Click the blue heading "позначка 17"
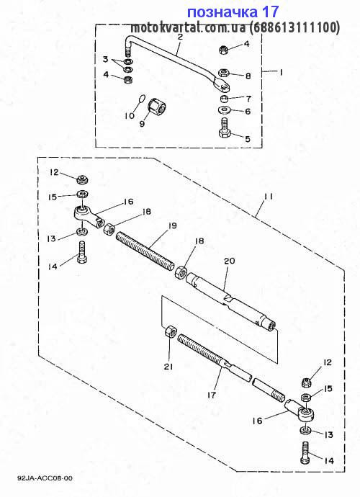[233, 12]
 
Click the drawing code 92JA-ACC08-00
[45, 478]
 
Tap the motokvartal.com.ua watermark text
[235, 28]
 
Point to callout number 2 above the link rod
[180, 37]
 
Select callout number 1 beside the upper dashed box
[281, 72]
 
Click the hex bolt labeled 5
[225, 130]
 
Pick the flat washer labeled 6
[225, 110]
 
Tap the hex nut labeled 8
[224, 73]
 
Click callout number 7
[248, 99]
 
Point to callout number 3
[106, 59]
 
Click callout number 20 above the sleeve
[230, 261]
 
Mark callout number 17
[212, 395]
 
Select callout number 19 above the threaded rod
[172, 225]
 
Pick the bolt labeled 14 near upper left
[82, 252]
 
